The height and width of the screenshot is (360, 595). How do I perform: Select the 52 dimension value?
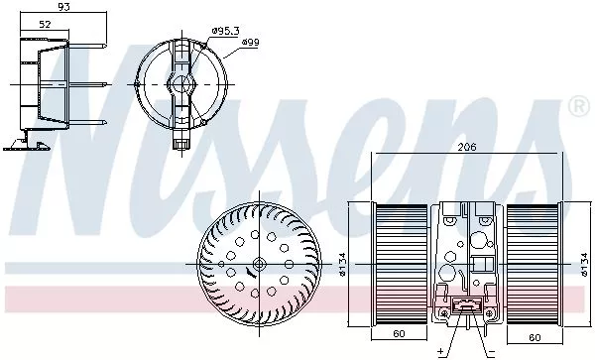[x=45, y=24]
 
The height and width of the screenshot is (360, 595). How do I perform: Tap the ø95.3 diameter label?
[x=227, y=31]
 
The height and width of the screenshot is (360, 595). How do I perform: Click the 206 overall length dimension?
[x=466, y=147]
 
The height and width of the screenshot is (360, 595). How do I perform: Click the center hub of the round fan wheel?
[x=256, y=263]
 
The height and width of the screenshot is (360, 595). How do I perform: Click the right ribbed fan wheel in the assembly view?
[x=535, y=263]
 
